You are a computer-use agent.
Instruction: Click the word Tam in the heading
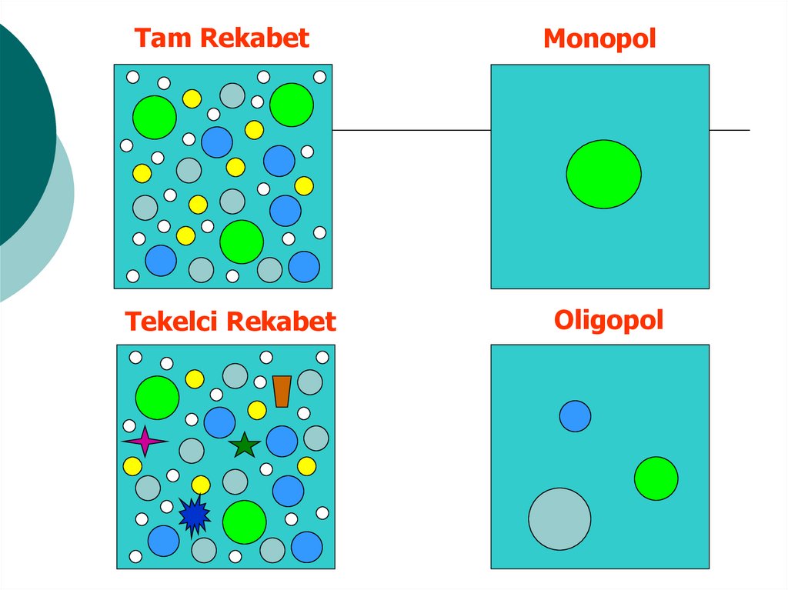click(158, 38)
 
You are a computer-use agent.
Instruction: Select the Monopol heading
click(599, 38)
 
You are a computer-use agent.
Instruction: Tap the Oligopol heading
click(608, 320)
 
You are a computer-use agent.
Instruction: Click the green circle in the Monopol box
click(603, 174)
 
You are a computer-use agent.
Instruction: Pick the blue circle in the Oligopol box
click(575, 416)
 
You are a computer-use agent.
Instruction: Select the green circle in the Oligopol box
click(656, 478)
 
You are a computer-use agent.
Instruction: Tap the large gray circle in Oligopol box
click(559, 518)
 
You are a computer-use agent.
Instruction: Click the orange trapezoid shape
click(282, 391)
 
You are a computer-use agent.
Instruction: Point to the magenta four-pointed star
click(144, 442)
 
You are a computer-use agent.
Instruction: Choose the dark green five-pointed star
click(245, 445)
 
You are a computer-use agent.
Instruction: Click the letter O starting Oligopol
click(564, 320)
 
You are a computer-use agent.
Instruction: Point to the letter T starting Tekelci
click(132, 321)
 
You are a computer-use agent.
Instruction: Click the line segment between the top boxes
click(411, 130)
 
